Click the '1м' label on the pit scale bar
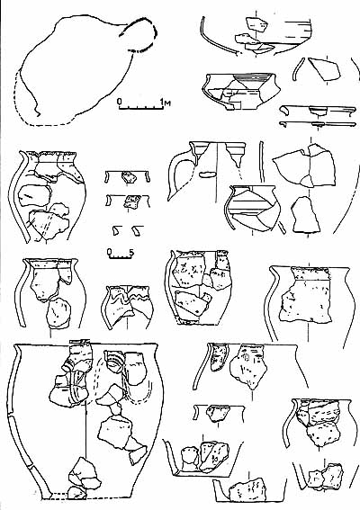166,103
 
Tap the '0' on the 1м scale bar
120,102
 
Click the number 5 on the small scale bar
131,252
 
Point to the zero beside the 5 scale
110,252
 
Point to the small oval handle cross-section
206,174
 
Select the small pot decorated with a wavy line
127,308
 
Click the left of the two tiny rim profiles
115,230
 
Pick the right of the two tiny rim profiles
138,230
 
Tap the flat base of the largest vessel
85,497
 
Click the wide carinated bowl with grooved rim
242,92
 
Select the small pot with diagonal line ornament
252,208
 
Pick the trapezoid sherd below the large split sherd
305,215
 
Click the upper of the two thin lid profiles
318,111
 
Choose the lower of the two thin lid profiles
318,124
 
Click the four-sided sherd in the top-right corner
324,68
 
